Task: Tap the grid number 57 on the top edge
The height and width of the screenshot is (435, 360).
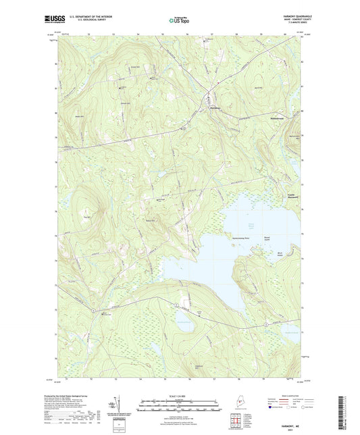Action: click(x=212, y=33)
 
